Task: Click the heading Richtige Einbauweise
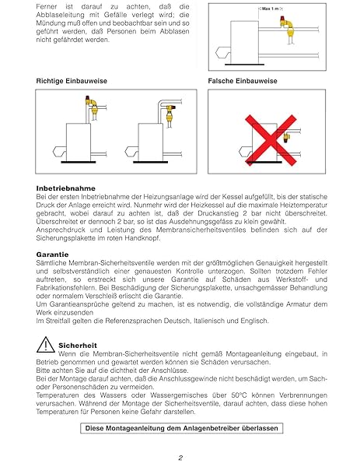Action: (x=72, y=81)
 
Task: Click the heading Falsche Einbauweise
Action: (x=243, y=81)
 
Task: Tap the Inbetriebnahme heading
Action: (x=66, y=188)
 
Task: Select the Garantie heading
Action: (x=52, y=255)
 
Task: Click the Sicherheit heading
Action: (x=78, y=346)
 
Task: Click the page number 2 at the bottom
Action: (x=180, y=458)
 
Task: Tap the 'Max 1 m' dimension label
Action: (x=271, y=9)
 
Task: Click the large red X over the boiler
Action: (x=271, y=140)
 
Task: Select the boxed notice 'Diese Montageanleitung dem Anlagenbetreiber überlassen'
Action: (x=181, y=428)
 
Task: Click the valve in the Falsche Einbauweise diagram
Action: (x=286, y=137)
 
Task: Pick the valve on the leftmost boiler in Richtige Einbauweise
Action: (x=92, y=106)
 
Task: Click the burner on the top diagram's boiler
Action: (x=222, y=53)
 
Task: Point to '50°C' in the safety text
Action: (x=239, y=395)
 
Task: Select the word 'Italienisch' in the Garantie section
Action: (x=211, y=321)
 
